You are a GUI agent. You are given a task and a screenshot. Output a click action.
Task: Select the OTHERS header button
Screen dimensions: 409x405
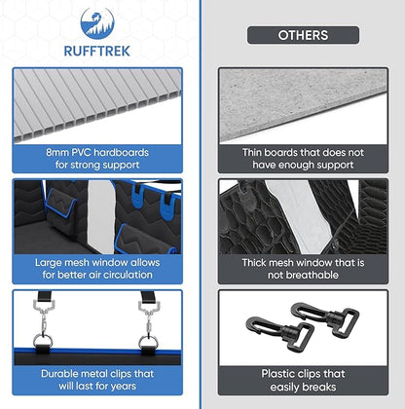[x=303, y=35]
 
